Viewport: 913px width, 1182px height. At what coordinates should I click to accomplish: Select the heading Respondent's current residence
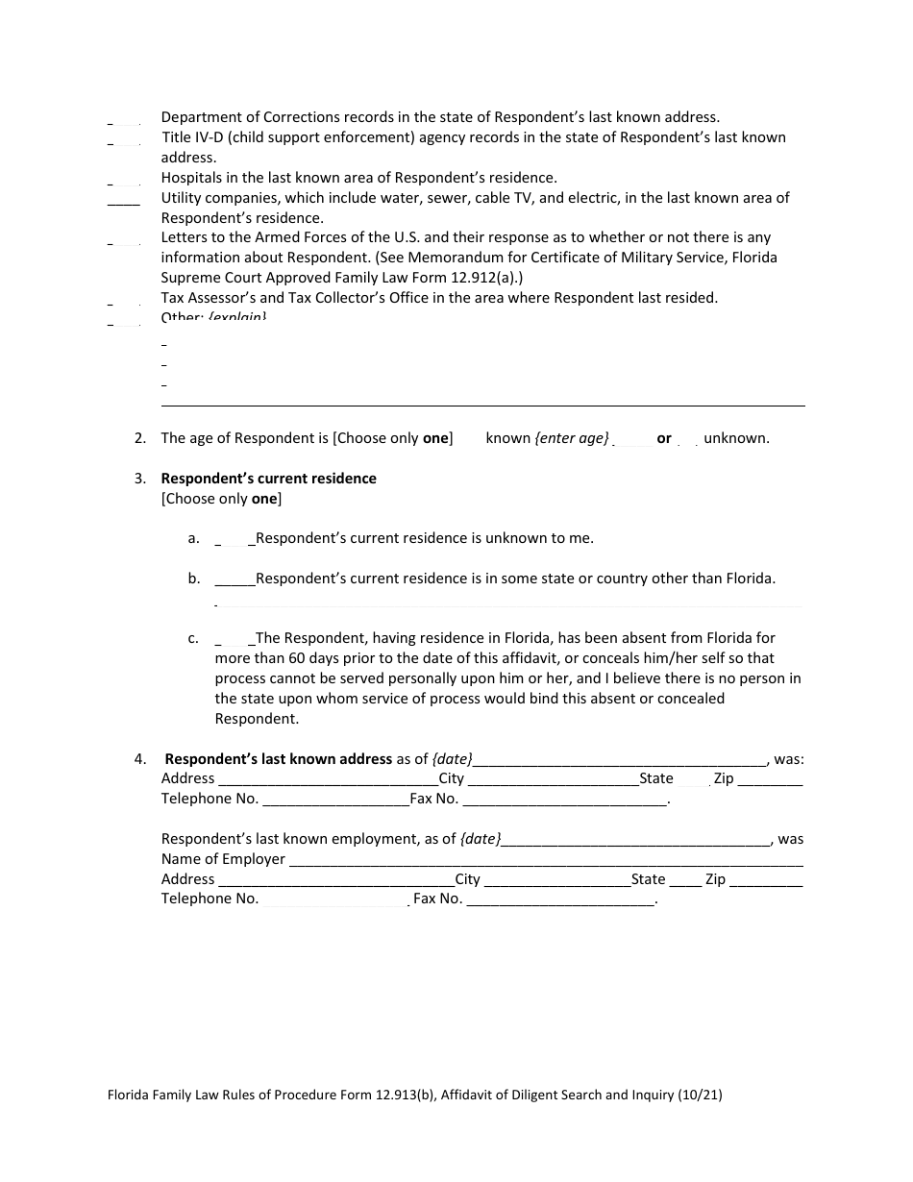pos(268,479)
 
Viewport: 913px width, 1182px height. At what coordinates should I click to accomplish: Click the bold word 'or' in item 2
pos(664,438)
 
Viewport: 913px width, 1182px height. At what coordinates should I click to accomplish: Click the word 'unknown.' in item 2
pos(736,438)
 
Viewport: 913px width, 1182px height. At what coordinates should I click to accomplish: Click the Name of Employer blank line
pos(546,860)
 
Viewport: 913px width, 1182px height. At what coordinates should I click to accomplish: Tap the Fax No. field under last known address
pos(564,800)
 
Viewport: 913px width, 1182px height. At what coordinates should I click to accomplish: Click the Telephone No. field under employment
pos(334,900)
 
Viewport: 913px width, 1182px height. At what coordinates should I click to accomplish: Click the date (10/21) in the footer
pos(701,1094)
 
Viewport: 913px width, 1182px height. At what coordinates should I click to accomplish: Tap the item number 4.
pos(140,759)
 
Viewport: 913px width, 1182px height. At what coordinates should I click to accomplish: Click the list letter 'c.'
pos(193,638)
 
